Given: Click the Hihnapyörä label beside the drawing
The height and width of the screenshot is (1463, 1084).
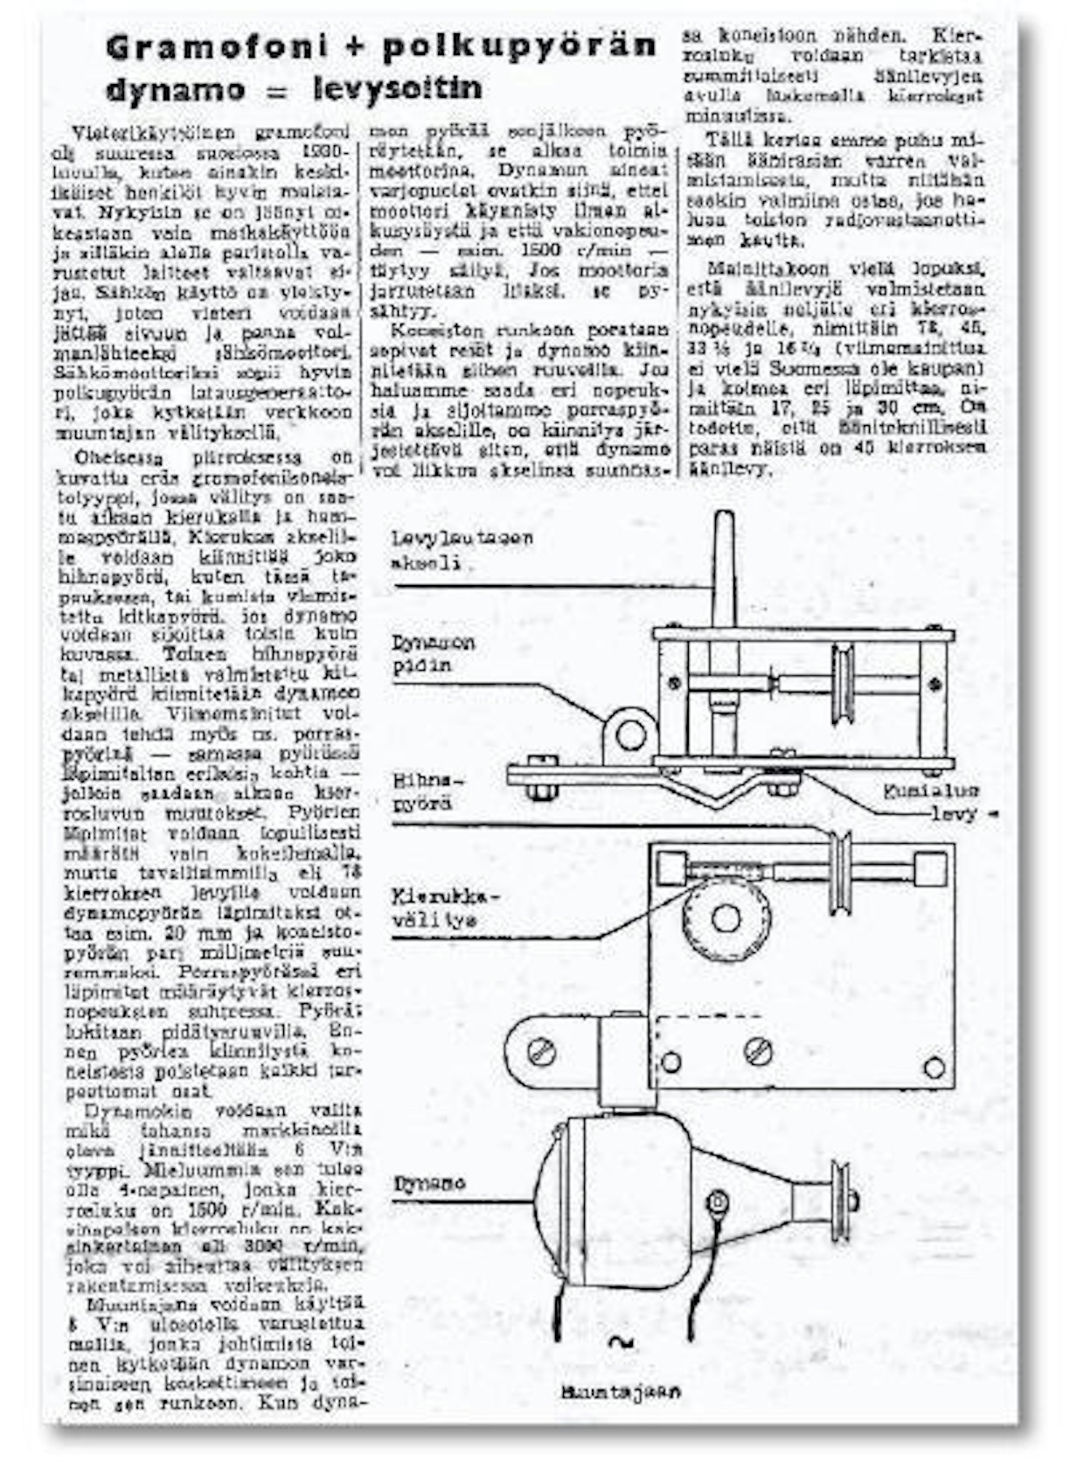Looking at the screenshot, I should (423, 791).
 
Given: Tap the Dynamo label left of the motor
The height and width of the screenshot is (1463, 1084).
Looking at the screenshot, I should (429, 1184).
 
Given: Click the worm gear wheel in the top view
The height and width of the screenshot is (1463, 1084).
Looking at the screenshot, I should (725, 917).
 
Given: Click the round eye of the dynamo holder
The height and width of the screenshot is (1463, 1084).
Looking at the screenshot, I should (630, 735).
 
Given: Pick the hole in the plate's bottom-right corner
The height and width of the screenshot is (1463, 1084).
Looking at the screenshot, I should (935, 1067).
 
